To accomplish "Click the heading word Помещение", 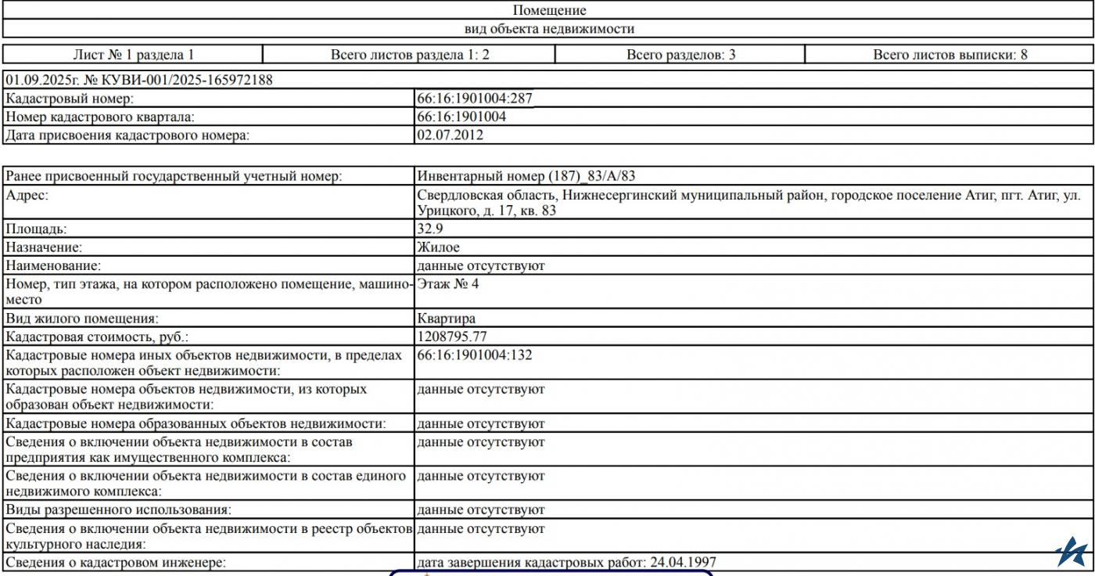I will (549, 10).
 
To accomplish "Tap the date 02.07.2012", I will (450, 135).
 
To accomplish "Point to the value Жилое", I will (438, 247).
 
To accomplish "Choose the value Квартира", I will (446, 319).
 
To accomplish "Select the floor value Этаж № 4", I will (448, 283).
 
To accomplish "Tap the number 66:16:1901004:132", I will (475, 355).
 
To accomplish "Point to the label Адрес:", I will (27, 194).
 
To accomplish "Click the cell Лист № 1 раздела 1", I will (133, 55).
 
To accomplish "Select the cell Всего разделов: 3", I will (680, 55).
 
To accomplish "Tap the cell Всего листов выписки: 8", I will (950, 55).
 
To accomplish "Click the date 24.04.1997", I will (683, 562).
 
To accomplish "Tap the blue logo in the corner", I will (1071, 552).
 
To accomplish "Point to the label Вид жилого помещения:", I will (81, 319).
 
